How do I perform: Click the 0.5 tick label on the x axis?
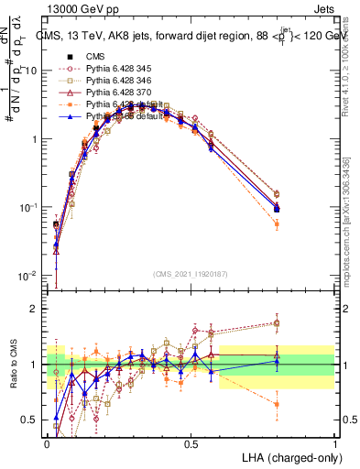[191, 443]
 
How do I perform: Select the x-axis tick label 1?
[334, 443]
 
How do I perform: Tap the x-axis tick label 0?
[47, 443]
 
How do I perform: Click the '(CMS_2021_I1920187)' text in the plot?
[191, 275]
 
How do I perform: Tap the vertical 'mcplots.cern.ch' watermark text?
[346, 220]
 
